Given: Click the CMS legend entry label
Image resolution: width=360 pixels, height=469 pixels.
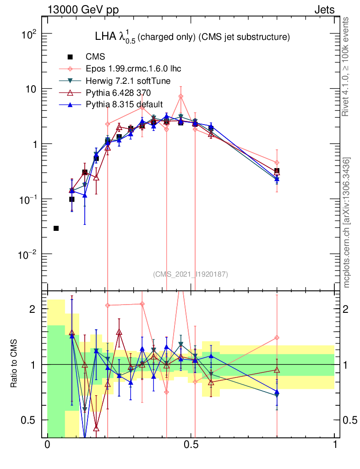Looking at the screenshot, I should click(95, 57).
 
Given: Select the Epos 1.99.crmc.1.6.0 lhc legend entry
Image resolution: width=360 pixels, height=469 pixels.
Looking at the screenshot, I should click(133, 69).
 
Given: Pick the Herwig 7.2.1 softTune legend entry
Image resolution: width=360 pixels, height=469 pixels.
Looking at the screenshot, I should click(128, 81).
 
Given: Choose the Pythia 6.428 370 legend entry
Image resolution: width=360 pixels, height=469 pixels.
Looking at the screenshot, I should click(120, 93).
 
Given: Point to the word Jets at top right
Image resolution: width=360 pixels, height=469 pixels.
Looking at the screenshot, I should click(324, 10).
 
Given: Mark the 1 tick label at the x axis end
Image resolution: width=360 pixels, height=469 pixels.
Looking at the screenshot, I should click(335, 445).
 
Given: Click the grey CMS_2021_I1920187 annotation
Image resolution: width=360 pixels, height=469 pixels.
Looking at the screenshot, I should click(191, 274).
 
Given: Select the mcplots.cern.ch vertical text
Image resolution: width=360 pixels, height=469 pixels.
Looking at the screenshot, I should click(347, 223).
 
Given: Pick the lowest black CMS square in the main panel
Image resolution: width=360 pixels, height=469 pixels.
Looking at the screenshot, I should click(56, 228).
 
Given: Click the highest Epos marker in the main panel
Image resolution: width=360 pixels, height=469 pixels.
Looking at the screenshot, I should click(181, 96).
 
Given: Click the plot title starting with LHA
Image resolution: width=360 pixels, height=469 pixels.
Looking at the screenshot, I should click(192, 37).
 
